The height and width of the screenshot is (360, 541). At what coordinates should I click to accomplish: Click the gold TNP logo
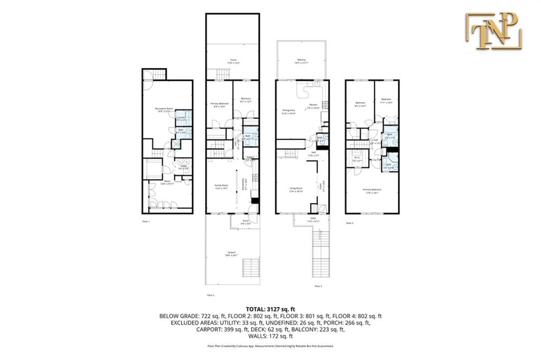point(493,31)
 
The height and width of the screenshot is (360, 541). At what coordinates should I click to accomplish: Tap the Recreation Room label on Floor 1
point(164,110)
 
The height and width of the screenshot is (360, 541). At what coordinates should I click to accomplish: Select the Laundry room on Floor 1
point(181,119)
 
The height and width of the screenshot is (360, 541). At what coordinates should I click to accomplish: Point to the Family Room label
point(221,186)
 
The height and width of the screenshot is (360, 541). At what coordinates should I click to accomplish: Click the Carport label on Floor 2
point(231,253)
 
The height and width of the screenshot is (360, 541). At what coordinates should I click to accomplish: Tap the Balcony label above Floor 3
point(302,61)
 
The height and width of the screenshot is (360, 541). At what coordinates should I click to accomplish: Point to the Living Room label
point(295,189)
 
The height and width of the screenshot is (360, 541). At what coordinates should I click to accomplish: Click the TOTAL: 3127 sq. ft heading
point(270,309)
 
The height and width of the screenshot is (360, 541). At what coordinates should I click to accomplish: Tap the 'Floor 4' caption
point(349,223)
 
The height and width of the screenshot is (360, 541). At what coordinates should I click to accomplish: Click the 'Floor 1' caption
point(146,221)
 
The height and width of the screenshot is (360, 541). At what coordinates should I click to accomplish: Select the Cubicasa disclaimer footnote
point(270,346)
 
